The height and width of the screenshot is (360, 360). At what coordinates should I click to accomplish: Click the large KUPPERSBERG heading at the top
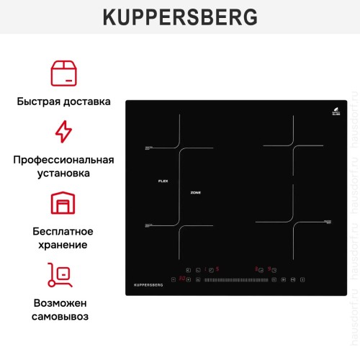click(x=180, y=17)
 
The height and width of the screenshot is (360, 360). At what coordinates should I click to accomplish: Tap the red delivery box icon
click(x=63, y=73)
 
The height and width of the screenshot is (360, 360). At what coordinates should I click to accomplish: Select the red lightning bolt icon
click(x=63, y=132)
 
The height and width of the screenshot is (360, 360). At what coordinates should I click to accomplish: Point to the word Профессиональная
click(x=63, y=159)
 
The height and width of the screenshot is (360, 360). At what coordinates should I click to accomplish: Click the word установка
click(x=63, y=174)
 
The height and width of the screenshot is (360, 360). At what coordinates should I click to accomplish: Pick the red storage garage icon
click(x=63, y=203)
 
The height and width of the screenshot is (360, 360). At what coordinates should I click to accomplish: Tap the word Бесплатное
click(x=63, y=231)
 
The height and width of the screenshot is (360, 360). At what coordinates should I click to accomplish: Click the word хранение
click(x=63, y=245)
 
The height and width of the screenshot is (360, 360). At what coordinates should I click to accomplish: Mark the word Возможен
click(x=63, y=302)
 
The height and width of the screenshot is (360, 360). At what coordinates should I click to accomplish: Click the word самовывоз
click(x=63, y=317)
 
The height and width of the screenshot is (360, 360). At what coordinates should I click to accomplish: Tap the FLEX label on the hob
click(x=163, y=181)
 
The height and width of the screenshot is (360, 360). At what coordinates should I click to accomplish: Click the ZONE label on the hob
click(x=195, y=193)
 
